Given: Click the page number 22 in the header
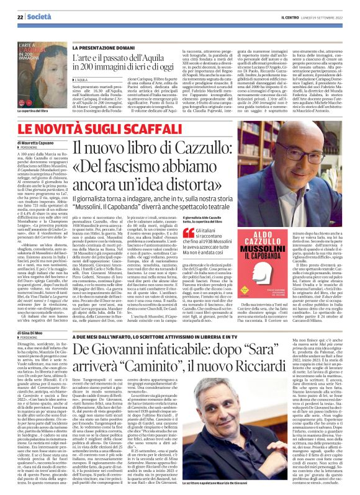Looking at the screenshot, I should (x=11, y=7).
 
